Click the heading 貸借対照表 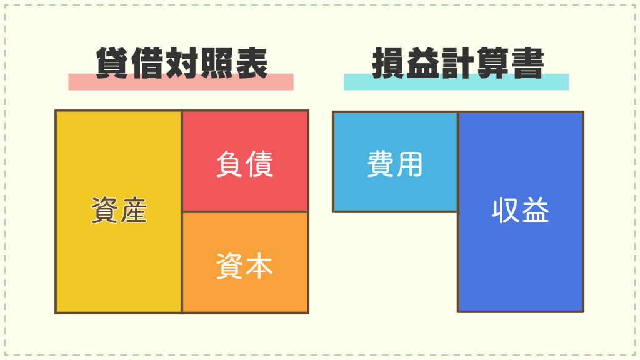[x=182, y=63]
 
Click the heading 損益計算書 [x=458, y=63]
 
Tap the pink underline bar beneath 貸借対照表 [x=181, y=82]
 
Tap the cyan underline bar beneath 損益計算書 [x=456, y=82]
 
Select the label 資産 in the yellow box [x=119, y=210]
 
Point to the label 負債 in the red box [x=244, y=164]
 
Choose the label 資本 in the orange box [x=244, y=266]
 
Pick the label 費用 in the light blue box [x=395, y=164]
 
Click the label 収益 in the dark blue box [x=521, y=210]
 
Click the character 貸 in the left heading [x=112, y=63]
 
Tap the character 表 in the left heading [x=252, y=63]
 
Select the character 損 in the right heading [x=389, y=63]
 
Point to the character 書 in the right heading [x=528, y=63]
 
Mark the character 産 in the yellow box [x=134, y=210]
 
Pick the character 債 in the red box [x=259, y=164]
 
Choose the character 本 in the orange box [x=259, y=266]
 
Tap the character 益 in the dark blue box [x=536, y=210]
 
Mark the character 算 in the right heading [x=494, y=63]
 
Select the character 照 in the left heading [x=217, y=63]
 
